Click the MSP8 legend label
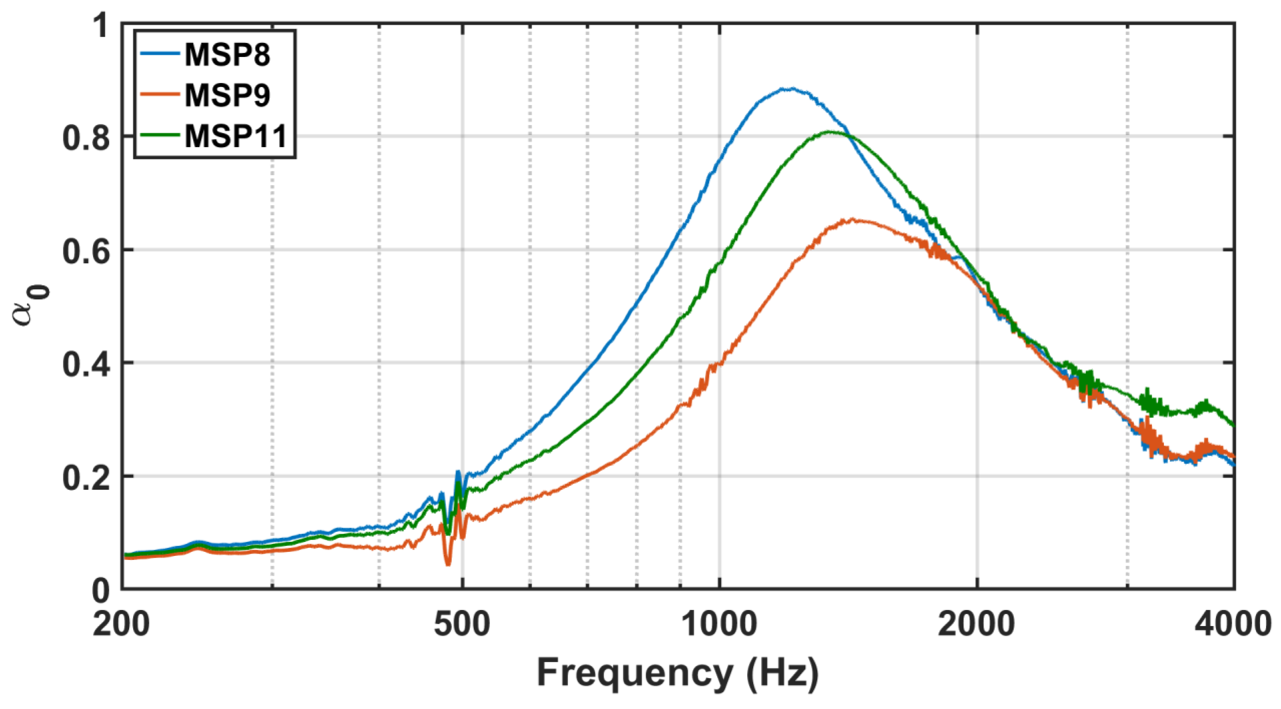pyautogui.click(x=227, y=55)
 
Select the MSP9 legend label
pyautogui.click(x=227, y=95)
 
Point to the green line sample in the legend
pyautogui.click(x=160, y=133)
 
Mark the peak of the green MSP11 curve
pyautogui.click(x=830, y=132)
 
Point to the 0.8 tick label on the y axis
pyautogui.click(x=86, y=137)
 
